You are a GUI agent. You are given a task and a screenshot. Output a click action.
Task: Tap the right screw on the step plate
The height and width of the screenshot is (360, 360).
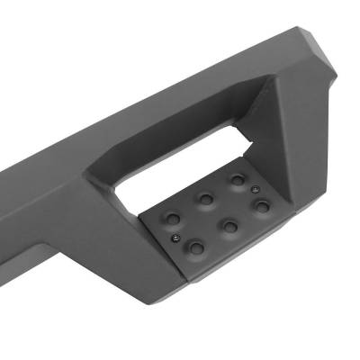pyautogui.click(x=255, y=188)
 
